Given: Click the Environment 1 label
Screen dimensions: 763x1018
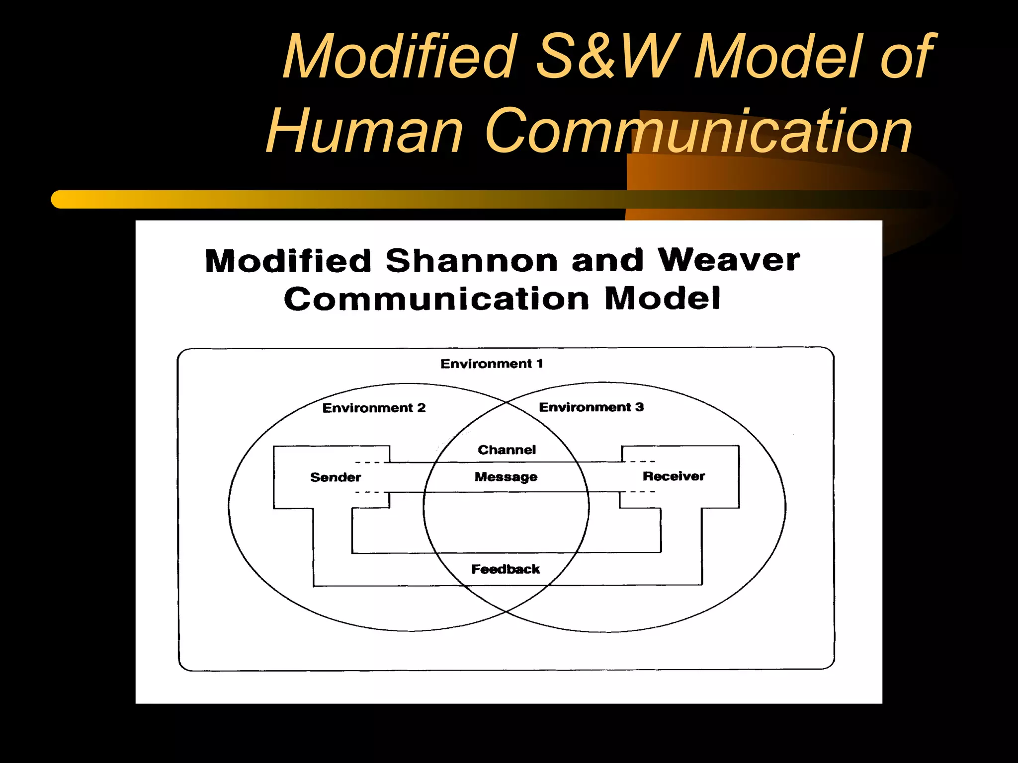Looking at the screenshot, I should click(492, 364).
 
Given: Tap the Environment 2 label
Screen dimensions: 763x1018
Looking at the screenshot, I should click(374, 408).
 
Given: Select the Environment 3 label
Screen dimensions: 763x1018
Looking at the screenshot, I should click(591, 407).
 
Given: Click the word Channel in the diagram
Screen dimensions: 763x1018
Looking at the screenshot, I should click(507, 450).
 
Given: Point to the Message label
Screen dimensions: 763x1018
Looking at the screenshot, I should click(506, 477).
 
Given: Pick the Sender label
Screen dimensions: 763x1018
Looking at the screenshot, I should click(336, 477).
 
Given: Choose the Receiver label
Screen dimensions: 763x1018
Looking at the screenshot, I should click(674, 476).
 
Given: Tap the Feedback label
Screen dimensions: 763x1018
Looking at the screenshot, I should click(505, 569).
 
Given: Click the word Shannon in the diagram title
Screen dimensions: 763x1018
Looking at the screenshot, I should click(471, 261).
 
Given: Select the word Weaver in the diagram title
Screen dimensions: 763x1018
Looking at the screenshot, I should click(728, 260).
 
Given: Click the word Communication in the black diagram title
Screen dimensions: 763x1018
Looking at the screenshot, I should click(436, 299).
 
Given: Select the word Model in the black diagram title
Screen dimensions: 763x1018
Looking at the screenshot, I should click(662, 299).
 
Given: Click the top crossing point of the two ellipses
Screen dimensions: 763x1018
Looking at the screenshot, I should click(506, 402).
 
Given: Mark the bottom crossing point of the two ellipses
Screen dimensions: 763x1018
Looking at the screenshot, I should click(506, 611).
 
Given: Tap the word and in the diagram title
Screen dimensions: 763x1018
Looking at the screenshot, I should click(607, 261).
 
